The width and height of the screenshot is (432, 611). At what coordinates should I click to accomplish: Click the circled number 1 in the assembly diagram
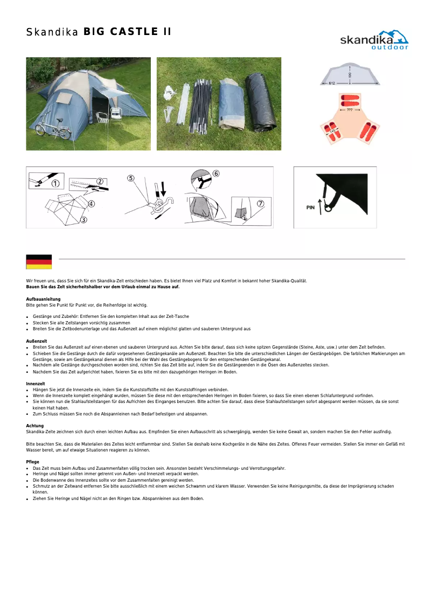55,184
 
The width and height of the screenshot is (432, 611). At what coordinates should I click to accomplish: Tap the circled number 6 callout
216,173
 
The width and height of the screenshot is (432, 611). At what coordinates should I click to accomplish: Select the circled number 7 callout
260,203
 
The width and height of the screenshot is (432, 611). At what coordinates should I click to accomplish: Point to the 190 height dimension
350,75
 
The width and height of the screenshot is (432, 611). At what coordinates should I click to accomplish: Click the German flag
39,262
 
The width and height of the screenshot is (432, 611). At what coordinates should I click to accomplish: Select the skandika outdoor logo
374,40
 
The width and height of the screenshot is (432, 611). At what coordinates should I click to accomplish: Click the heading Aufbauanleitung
43,299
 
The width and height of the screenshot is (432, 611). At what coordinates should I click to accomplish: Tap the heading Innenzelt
36,383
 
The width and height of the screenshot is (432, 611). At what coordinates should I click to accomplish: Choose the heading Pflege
32,462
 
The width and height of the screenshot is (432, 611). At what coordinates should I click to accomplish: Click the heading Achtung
35,426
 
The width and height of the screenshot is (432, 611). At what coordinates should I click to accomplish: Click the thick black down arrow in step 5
163,189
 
